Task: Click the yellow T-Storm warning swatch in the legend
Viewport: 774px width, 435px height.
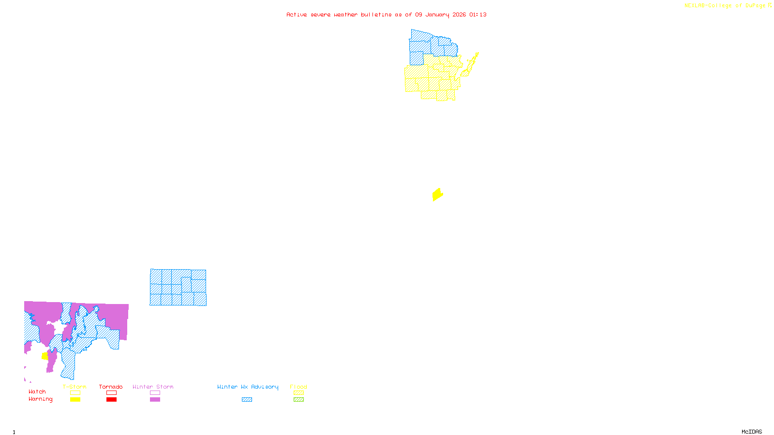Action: (75, 400)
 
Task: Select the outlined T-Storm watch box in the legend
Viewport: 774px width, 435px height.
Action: (75, 393)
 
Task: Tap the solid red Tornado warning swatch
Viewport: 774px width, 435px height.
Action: (112, 400)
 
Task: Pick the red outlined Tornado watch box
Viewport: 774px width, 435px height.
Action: (112, 393)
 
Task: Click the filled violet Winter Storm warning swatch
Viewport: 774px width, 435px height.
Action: (155, 400)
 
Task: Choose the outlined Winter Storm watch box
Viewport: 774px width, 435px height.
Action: (155, 393)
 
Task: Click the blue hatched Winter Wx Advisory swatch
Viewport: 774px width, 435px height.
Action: (247, 400)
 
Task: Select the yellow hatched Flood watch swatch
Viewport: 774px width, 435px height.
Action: (298, 393)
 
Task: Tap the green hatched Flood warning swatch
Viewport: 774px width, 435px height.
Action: (298, 400)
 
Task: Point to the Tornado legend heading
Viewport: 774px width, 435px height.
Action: (111, 387)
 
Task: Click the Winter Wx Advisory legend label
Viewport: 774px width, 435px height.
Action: (248, 387)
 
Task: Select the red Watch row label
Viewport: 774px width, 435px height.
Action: (37, 391)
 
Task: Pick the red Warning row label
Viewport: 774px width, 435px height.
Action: (40, 399)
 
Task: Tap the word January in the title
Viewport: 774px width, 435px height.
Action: (437, 14)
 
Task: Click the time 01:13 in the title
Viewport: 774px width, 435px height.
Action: (478, 14)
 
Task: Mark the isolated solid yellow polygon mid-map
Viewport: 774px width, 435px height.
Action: (437, 194)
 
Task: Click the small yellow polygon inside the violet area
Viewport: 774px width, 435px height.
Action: (45, 356)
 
